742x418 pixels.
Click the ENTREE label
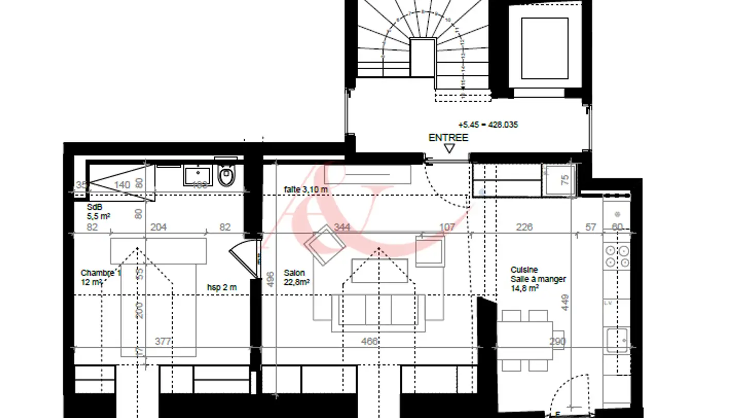pos(448,138)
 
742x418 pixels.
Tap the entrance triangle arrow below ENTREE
pos(449,149)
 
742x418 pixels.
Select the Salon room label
pos(294,273)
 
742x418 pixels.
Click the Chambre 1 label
pos(100,273)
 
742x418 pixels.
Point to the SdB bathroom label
pos(95,207)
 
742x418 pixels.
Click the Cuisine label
pos(524,270)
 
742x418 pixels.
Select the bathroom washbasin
pos(198,175)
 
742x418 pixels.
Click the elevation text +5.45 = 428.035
pos(487,125)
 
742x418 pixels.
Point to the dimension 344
pos(342,227)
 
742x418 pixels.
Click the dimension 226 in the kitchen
pos(524,227)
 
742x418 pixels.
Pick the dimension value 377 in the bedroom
pos(163,341)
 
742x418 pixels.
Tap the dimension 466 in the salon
pos(369,341)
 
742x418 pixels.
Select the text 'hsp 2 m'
pos(222,287)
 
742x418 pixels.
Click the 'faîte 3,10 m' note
pos(306,189)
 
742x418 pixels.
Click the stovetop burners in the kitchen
pos(617,256)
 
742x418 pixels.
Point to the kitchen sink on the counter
pos(617,340)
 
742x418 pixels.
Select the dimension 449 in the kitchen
pos(565,302)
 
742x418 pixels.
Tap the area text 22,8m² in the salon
pos(296,282)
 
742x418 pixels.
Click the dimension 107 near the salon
pos(447,227)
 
